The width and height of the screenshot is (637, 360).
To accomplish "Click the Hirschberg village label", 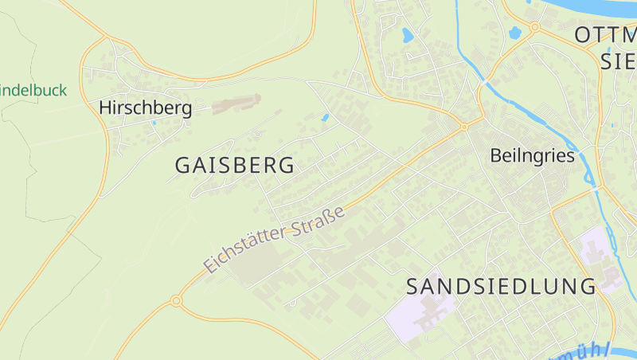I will [x=145, y=108].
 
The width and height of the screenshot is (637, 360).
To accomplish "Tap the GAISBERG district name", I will [x=234, y=166].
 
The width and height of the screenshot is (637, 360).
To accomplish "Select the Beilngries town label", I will [x=533, y=155].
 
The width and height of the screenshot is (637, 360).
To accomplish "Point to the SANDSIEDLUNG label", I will [x=501, y=286].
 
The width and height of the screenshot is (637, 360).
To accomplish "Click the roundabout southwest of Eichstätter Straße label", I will [x=176, y=301].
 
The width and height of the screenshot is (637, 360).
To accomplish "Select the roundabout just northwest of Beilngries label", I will [x=463, y=127].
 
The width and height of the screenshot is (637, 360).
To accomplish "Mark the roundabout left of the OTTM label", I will [x=535, y=26].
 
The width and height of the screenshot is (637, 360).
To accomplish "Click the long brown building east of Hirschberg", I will [x=236, y=104].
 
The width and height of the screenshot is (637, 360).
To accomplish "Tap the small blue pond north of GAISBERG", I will [x=325, y=118].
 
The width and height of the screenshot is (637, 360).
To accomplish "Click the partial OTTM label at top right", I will [x=605, y=34].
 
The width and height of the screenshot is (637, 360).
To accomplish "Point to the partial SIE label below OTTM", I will [x=618, y=62].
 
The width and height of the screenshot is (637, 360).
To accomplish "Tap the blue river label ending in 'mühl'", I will [x=585, y=353].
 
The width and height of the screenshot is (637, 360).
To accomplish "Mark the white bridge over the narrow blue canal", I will [x=485, y=82].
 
